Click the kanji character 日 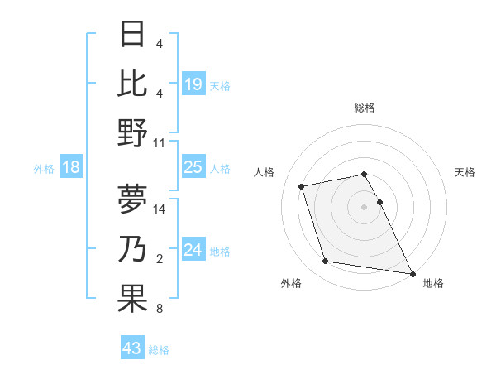click(x=132, y=35)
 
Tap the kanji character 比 click(x=132, y=83)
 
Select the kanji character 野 click(x=132, y=132)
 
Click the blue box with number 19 click(x=193, y=84)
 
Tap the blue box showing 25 click(x=193, y=167)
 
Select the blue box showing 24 click(x=193, y=250)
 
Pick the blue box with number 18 click(x=71, y=167)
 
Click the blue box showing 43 click(x=132, y=348)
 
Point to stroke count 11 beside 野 click(x=160, y=142)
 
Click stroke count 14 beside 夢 click(x=160, y=209)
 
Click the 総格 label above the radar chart click(x=365, y=108)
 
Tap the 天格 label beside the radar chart click(x=465, y=172)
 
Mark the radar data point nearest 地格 click(x=411, y=273)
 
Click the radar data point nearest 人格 click(x=302, y=185)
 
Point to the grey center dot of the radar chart click(x=365, y=206)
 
